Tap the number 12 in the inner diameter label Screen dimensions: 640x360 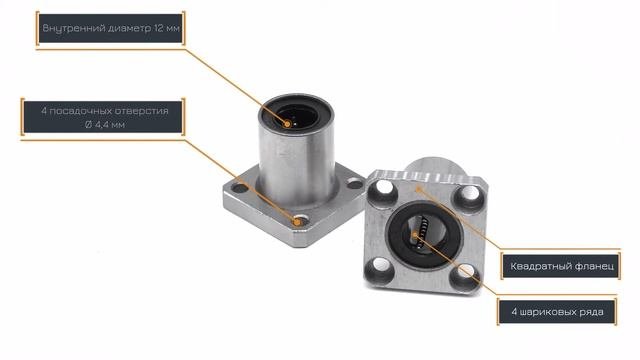159,28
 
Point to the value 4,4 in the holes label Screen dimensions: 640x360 102,125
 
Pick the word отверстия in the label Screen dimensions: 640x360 141,111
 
